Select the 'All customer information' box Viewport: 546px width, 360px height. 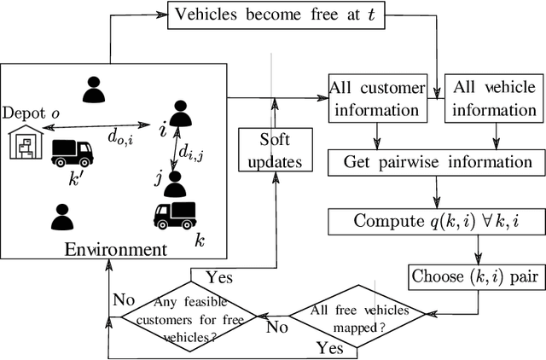pyautogui.click(x=375, y=99)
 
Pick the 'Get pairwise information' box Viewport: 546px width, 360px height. pyautogui.click(x=438, y=161)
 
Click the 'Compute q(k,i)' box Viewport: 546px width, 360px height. pyautogui.click(x=436, y=221)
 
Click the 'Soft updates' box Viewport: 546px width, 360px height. pyautogui.click(x=273, y=150)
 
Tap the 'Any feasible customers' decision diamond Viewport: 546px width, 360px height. pyautogui.click(x=184, y=316)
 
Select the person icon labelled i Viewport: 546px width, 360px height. pyautogui.click(x=180, y=115)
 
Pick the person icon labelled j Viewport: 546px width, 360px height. pyautogui.click(x=176, y=183)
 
